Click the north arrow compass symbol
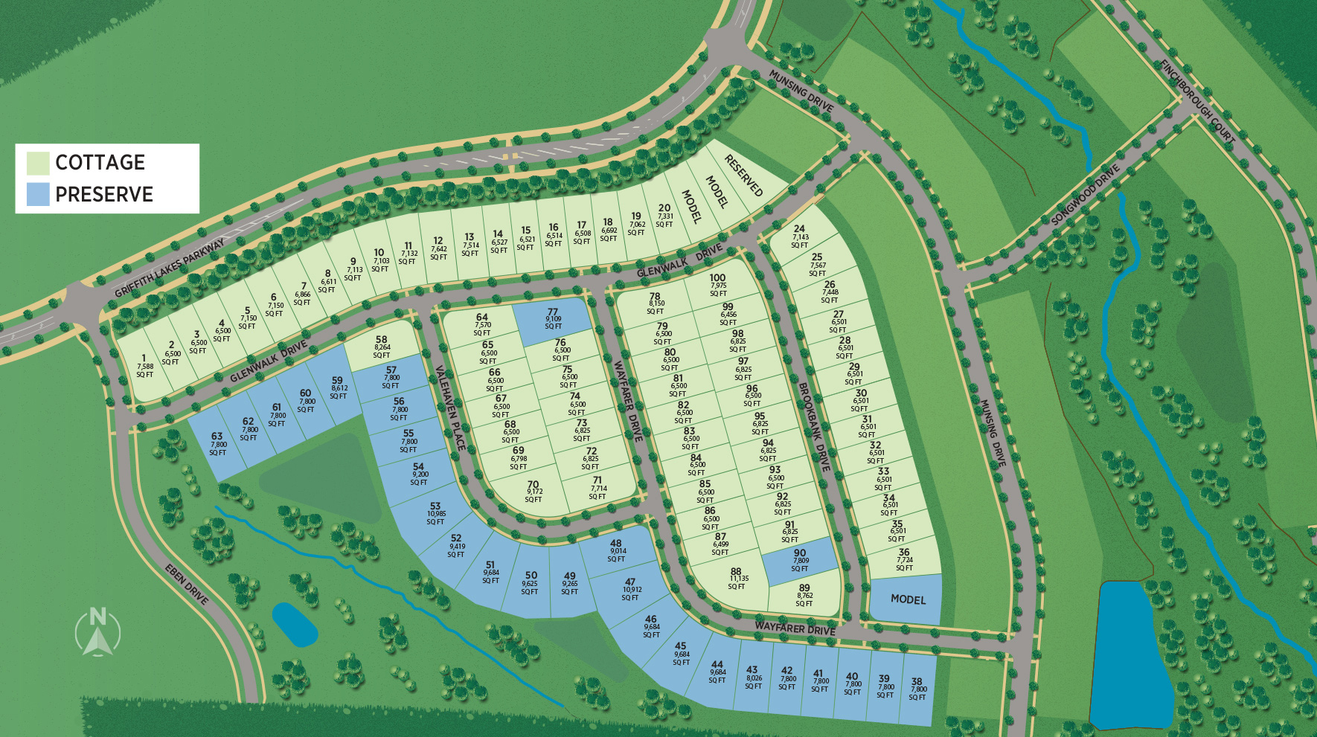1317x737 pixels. pyautogui.click(x=97, y=632)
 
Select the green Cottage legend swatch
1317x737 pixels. pyautogui.click(x=38, y=163)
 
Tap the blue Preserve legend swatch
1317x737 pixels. pyautogui.click(x=38, y=194)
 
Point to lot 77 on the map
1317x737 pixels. pyautogui.click(x=552, y=320)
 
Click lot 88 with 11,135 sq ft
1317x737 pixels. pyautogui.click(x=736, y=579)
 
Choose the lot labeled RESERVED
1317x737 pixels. pyautogui.click(x=744, y=176)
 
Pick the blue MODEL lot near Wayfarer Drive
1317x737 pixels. pyautogui.click(x=907, y=599)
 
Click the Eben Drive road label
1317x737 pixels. pyautogui.click(x=187, y=585)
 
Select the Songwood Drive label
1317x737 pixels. pyautogui.click(x=1086, y=195)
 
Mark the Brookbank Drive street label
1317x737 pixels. pyautogui.click(x=814, y=426)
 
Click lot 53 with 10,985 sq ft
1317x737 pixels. pyautogui.click(x=435, y=514)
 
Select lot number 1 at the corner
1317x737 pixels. pyautogui.click(x=144, y=366)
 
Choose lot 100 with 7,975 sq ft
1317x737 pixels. pyautogui.click(x=717, y=285)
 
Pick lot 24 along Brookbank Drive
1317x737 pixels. pyautogui.click(x=799, y=236)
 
